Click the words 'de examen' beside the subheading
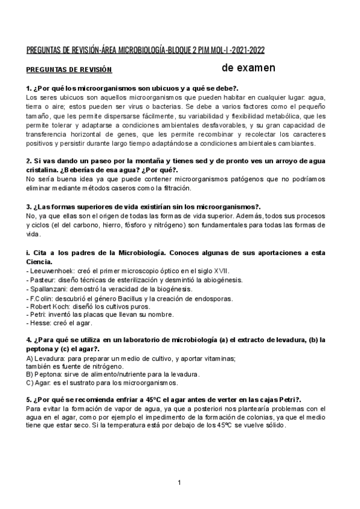248,67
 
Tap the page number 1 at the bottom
179,483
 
